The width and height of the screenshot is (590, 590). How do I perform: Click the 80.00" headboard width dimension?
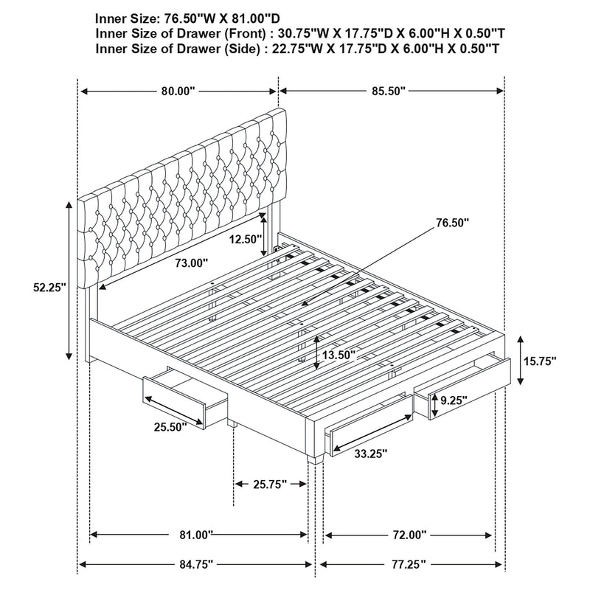(177, 91)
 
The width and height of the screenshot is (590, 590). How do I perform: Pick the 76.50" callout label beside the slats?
(452, 221)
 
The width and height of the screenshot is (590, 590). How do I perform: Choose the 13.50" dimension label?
(338, 355)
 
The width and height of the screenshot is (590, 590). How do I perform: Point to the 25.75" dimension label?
(270, 484)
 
